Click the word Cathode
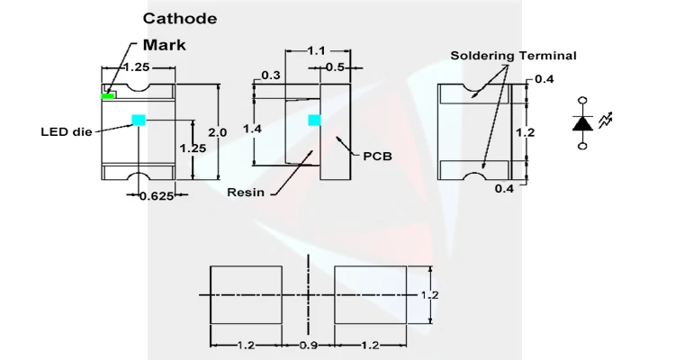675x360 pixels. click(x=180, y=18)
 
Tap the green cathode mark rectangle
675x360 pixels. click(x=108, y=94)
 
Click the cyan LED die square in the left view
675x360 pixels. click(x=138, y=120)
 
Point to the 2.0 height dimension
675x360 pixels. click(x=217, y=131)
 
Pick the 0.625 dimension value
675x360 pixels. click(x=157, y=195)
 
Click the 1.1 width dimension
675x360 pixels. click(x=316, y=51)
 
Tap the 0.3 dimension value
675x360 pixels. click(x=270, y=75)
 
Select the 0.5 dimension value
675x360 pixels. click(x=334, y=67)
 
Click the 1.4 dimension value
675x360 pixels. click(x=252, y=130)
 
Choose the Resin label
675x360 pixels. click(x=245, y=192)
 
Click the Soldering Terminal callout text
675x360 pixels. click(x=514, y=56)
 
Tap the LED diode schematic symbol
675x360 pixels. click(x=583, y=122)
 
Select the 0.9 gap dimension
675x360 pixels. click(x=309, y=346)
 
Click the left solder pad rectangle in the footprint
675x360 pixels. click(x=246, y=295)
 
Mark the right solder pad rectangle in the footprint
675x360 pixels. click(x=372, y=295)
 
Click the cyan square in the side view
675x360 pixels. click(x=314, y=120)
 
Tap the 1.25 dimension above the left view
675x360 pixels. click(x=137, y=67)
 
